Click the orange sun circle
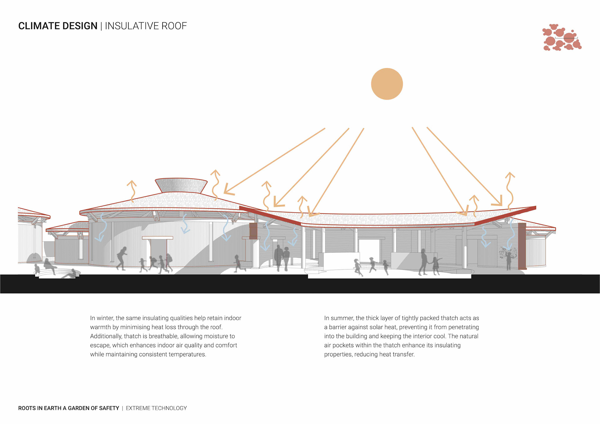[x=387, y=84]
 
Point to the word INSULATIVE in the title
[x=132, y=26]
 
